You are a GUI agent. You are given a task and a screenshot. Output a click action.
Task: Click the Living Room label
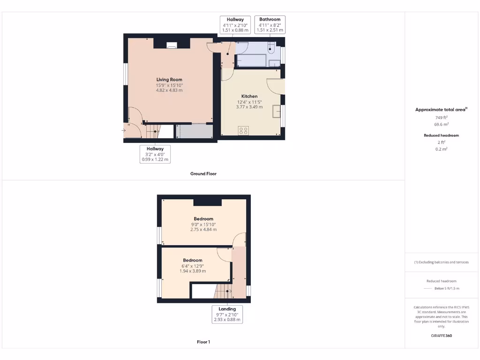tap(169, 80)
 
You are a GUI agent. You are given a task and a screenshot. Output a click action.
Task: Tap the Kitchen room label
tap(249, 96)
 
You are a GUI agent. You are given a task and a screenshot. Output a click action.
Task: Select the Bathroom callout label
tap(270, 20)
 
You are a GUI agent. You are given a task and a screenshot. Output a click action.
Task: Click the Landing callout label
tap(227, 309)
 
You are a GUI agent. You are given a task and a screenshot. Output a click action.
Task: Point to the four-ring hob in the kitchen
tap(243, 131)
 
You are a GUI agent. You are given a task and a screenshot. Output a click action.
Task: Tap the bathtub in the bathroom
tap(252, 61)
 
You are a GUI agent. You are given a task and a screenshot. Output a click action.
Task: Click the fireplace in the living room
tap(172, 45)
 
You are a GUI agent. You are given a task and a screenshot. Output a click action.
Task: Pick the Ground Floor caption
tap(203, 173)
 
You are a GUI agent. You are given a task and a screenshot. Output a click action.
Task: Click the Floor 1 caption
tap(203, 342)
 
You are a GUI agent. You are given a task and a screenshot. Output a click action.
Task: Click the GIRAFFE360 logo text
tap(442, 336)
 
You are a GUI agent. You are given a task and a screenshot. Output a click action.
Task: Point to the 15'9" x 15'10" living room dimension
tap(169, 85)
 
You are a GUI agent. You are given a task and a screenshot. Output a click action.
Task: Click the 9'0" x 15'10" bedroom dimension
tap(203, 225)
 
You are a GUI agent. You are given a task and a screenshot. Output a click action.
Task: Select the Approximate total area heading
tap(441, 110)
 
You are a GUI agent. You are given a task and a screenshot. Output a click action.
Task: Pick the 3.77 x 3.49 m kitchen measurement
tap(249, 107)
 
